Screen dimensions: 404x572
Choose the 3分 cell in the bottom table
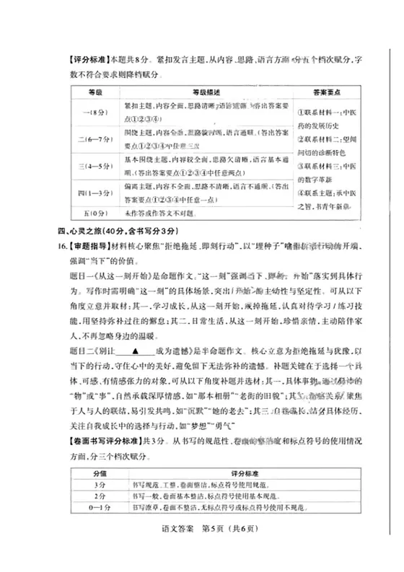(100, 485)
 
